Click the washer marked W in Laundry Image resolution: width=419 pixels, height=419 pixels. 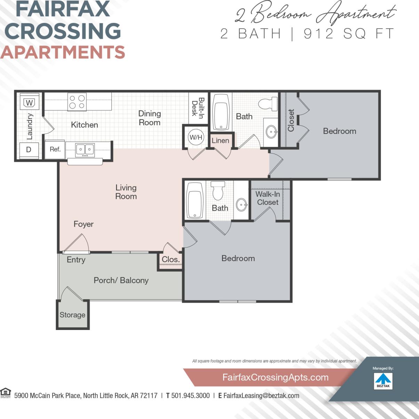(x=29, y=103)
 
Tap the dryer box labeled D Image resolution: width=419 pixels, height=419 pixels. (x=29, y=150)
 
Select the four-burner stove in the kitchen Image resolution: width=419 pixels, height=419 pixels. (x=77, y=102)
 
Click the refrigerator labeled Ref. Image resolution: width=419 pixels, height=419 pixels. (x=55, y=150)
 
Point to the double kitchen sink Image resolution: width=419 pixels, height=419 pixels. (x=85, y=150)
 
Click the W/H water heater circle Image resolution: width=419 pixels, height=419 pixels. (x=196, y=137)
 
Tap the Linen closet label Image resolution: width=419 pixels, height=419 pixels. (x=220, y=141)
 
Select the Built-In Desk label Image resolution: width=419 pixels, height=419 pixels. (x=198, y=108)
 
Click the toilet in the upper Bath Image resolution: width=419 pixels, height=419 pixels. (x=268, y=104)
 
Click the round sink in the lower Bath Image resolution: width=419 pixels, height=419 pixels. (x=242, y=205)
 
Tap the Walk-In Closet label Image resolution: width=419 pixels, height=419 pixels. (x=268, y=198)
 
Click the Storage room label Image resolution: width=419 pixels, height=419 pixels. (x=72, y=315)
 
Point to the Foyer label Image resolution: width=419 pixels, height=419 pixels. (x=83, y=224)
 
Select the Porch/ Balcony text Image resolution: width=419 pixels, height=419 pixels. (x=121, y=281)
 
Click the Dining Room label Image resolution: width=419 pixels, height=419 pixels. (x=150, y=118)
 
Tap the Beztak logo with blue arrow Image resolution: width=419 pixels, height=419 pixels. (x=383, y=381)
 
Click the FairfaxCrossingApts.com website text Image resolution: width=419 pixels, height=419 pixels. (x=275, y=378)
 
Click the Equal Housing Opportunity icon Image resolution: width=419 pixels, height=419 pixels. (x=6, y=393)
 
